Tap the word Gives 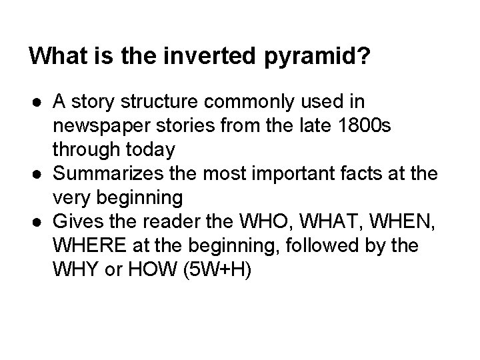[74, 219]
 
